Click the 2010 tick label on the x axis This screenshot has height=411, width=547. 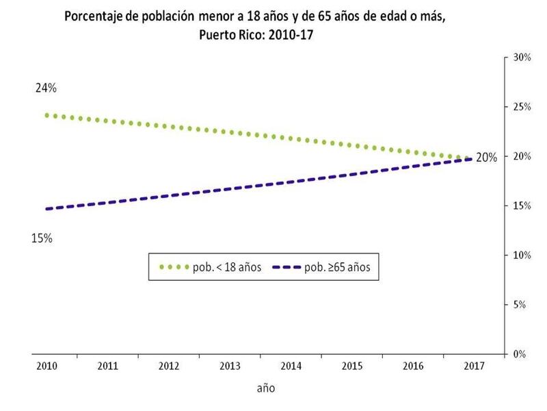(47, 366)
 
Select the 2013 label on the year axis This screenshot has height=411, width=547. (230, 366)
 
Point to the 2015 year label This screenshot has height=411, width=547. (351, 366)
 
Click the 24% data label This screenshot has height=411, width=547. (47, 89)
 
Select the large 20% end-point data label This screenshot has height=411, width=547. (486, 158)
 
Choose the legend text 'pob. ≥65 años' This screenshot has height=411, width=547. (338, 267)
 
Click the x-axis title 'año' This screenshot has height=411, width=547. (265, 388)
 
